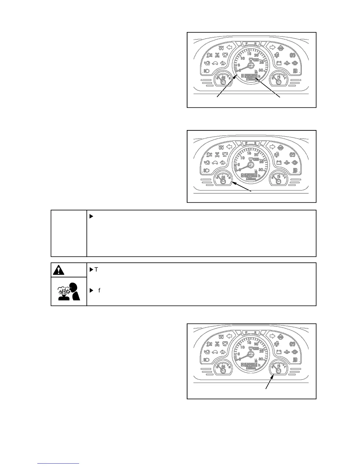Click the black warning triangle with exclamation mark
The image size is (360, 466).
pos(59,270)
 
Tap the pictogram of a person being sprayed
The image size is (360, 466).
pos(69,291)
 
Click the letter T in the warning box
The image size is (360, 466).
pos(96,269)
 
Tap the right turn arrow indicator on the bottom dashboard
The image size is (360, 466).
pos(272,336)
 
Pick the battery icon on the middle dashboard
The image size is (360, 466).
pos(279,162)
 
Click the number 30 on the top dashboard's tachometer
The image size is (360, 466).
pos(261,70)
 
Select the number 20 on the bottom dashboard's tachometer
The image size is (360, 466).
pos(256,344)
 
